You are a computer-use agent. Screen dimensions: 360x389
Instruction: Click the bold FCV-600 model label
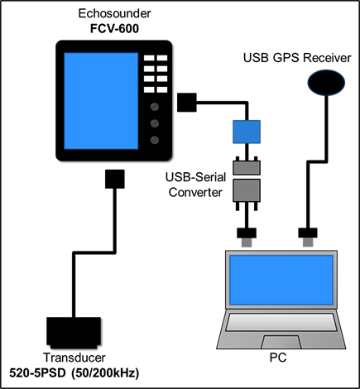114,29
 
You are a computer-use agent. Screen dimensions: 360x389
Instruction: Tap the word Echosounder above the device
114,13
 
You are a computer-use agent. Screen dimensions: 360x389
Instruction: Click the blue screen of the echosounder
101,101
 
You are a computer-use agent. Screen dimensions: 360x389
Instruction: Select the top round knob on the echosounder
155,107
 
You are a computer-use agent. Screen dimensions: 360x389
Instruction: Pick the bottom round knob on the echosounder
155,140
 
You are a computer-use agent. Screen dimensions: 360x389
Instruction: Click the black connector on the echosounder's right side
187,103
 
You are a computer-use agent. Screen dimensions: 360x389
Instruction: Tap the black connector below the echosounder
115,179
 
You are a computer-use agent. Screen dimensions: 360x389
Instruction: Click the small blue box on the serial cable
247,132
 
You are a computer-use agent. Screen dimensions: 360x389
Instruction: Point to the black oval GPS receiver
326,83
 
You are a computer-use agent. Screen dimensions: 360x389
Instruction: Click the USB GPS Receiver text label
297,58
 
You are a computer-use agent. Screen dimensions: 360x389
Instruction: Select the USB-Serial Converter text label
195,185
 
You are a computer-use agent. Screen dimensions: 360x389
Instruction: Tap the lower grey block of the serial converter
247,193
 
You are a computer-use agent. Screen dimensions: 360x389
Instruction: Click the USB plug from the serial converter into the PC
247,237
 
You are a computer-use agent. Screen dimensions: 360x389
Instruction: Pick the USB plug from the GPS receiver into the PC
308,237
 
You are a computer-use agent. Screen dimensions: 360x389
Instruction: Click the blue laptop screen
281,280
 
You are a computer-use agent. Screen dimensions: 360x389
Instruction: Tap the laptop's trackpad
281,343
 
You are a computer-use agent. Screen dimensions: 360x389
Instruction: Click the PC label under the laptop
278,358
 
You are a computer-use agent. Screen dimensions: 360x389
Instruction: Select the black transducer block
74,333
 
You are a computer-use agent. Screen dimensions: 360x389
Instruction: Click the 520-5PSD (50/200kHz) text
74,373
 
